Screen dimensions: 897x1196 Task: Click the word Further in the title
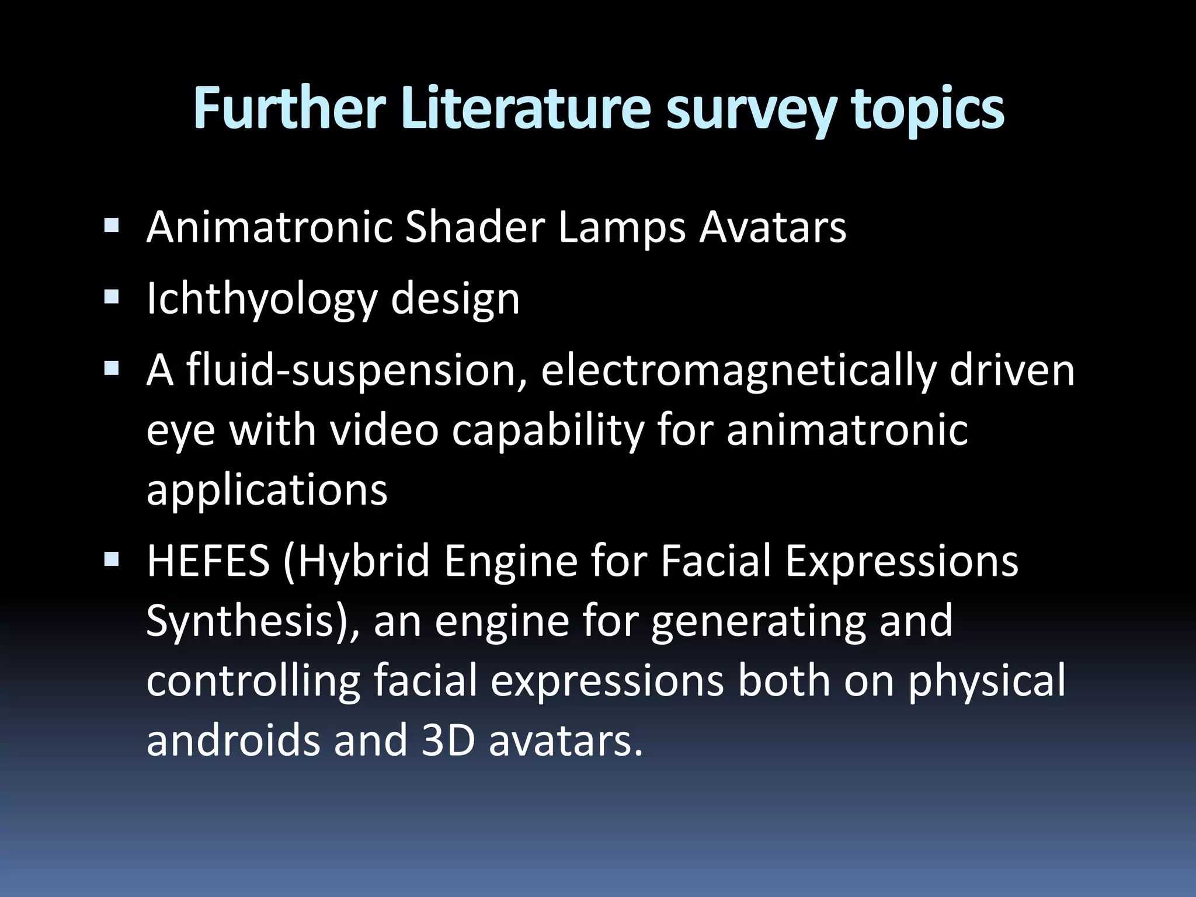coord(289,109)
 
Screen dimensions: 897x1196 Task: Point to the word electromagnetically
coord(739,371)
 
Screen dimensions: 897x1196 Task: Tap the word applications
coord(267,491)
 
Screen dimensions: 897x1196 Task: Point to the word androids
coord(233,739)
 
